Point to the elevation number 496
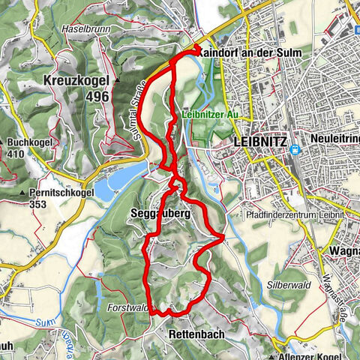[x=97, y=96]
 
